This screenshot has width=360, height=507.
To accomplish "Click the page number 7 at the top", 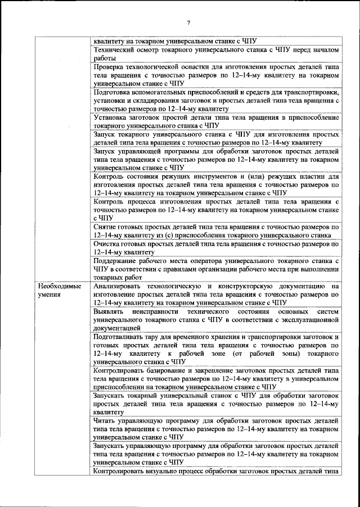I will coord(189,22).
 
